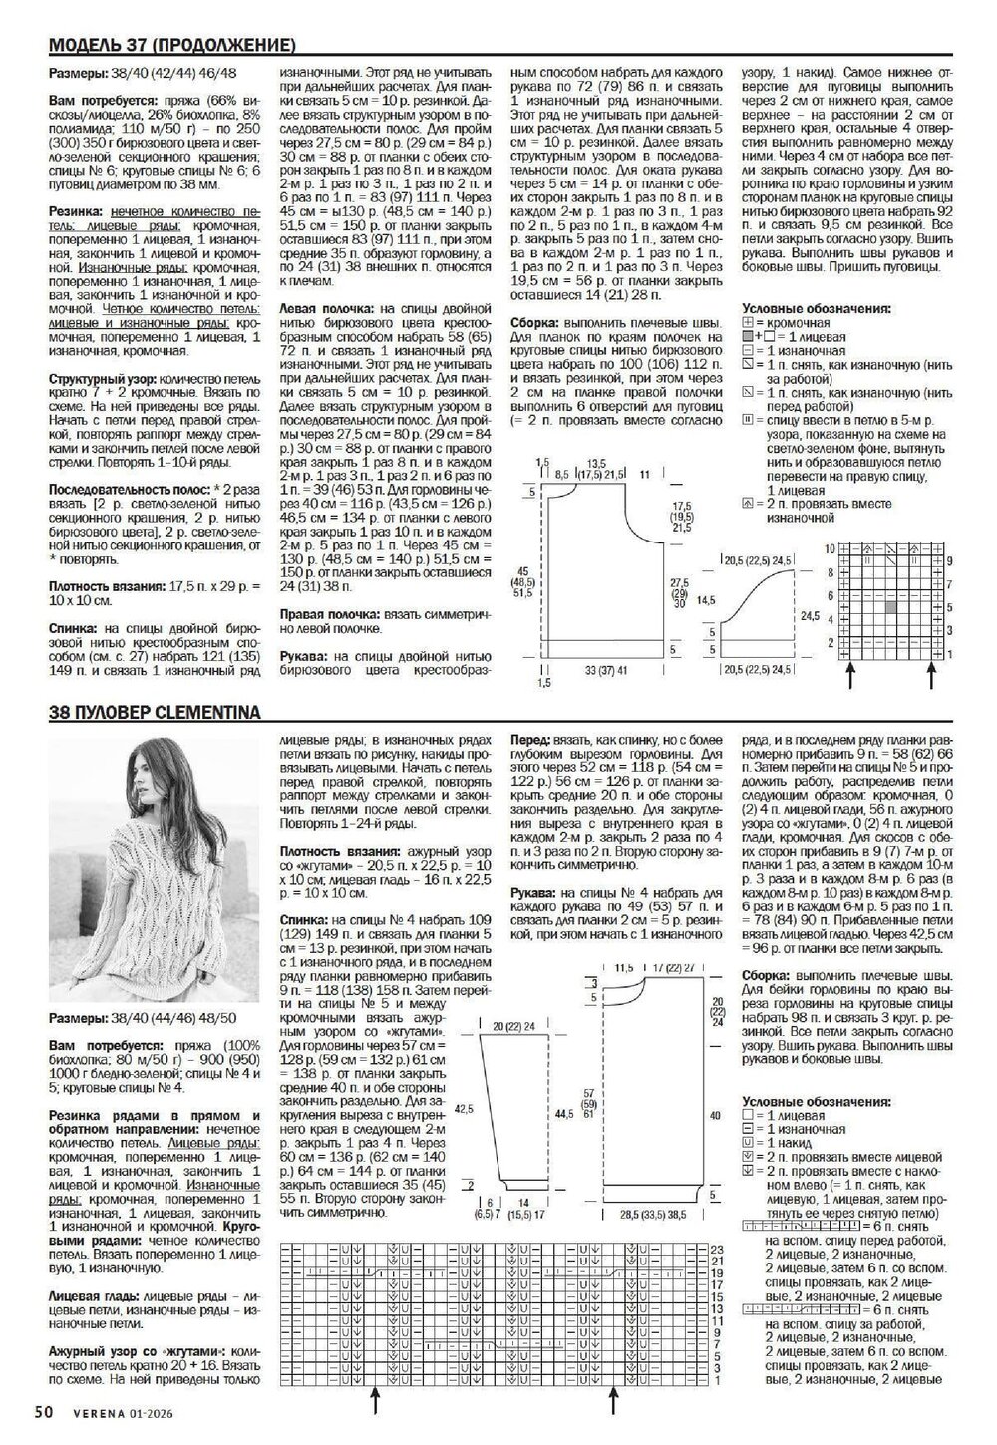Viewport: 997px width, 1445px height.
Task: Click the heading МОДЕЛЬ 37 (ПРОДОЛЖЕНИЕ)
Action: coord(170,46)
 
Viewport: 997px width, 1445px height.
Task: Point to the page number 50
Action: coord(43,1412)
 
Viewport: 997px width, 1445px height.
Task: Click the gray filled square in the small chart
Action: coord(890,605)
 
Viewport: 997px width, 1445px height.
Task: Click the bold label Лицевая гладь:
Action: coord(96,1291)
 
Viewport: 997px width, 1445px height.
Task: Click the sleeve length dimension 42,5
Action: coord(460,1107)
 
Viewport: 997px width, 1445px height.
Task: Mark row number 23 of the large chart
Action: coord(715,1250)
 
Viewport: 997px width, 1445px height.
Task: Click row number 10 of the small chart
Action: coord(829,549)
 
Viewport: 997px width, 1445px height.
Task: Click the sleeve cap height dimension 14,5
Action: coord(707,601)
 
